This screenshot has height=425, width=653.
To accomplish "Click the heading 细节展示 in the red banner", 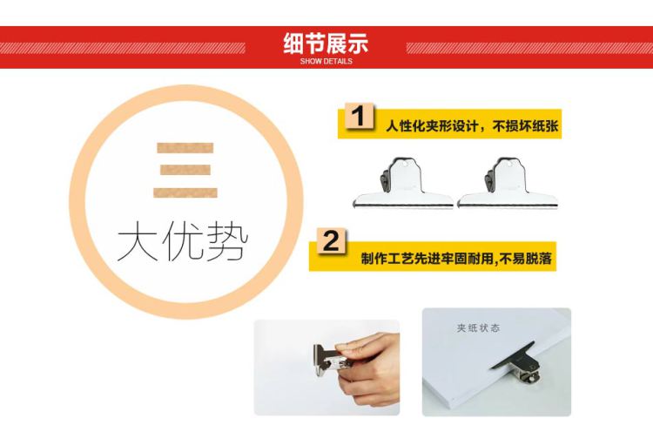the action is point(326,44).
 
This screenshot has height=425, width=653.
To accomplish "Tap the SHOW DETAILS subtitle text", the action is point(326,61).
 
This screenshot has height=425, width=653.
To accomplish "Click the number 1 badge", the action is point(360,116).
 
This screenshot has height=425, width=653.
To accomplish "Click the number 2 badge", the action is point(331,241).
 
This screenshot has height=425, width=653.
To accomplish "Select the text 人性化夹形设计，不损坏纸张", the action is point(472,125).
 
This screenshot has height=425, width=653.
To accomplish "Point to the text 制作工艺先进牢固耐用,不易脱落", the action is point(456,259).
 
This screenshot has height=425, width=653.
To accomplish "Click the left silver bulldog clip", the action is point(403,183).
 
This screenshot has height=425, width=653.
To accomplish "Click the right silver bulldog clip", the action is point(508,183).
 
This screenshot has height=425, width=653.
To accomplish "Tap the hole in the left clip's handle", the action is point(405,164).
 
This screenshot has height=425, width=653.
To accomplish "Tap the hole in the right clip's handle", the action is point(509,164).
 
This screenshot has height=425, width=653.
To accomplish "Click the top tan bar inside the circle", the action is point(185,148).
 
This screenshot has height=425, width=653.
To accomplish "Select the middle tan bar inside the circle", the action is point(185,170).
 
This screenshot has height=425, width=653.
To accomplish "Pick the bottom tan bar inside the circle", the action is point(185,192).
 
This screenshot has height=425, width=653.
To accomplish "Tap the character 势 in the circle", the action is point(227,240).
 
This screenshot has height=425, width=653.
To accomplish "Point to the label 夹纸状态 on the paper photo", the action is point(478,328).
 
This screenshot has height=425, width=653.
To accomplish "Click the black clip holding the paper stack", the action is point(517,362).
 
